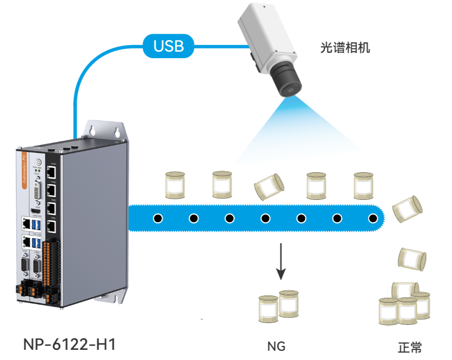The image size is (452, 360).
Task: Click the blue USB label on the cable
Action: point(169,46)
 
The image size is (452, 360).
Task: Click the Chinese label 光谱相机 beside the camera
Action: point(345,48)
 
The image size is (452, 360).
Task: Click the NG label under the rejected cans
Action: point(276,346)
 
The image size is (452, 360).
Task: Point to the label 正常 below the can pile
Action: point(410,347)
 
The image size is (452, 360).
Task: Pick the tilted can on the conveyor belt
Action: point(269,187)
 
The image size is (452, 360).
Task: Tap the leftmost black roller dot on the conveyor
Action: point(158,218)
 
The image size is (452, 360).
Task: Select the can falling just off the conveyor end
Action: point(407,207)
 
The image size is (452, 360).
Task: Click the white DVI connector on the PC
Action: point(39,190)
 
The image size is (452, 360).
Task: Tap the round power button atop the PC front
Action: point(39,162)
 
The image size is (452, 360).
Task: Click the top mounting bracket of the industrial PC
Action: point(106,130)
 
